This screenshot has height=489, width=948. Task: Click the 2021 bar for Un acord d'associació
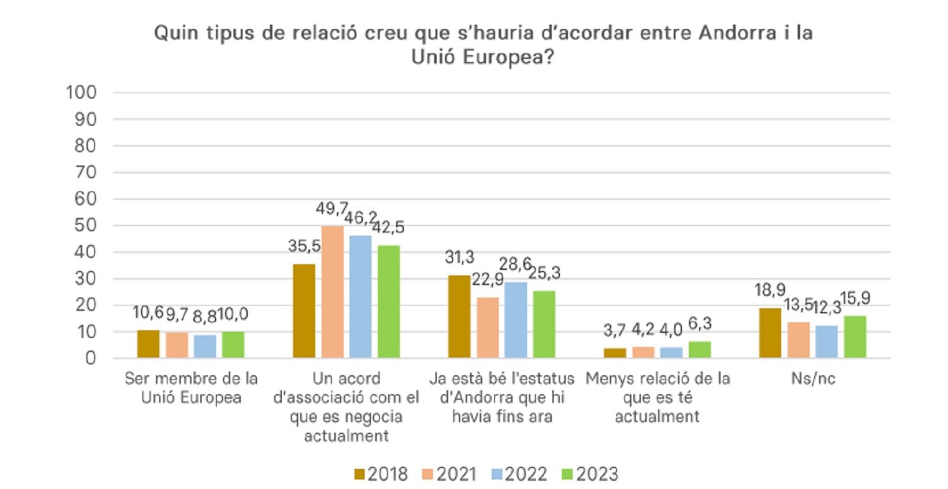pos(332,292)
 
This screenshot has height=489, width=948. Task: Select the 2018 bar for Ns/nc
pos(769,333)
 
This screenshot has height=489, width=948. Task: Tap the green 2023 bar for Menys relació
pos(700,349)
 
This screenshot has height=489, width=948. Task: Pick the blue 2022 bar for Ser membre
pos(205,346)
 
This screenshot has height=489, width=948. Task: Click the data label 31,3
pos(459,258)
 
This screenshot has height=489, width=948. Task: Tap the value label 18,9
pos(769,291)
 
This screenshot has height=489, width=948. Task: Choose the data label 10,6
pos(149,313)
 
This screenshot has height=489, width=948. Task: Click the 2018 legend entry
pos(380,473)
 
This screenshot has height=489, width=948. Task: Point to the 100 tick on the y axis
pos(81,93)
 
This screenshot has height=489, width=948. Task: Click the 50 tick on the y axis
pos(86,226)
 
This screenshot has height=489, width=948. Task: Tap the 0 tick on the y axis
pos(90,358)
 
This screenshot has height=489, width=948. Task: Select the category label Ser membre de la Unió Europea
pos(191,389)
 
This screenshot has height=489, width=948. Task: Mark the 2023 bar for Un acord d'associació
pos(389,301)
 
